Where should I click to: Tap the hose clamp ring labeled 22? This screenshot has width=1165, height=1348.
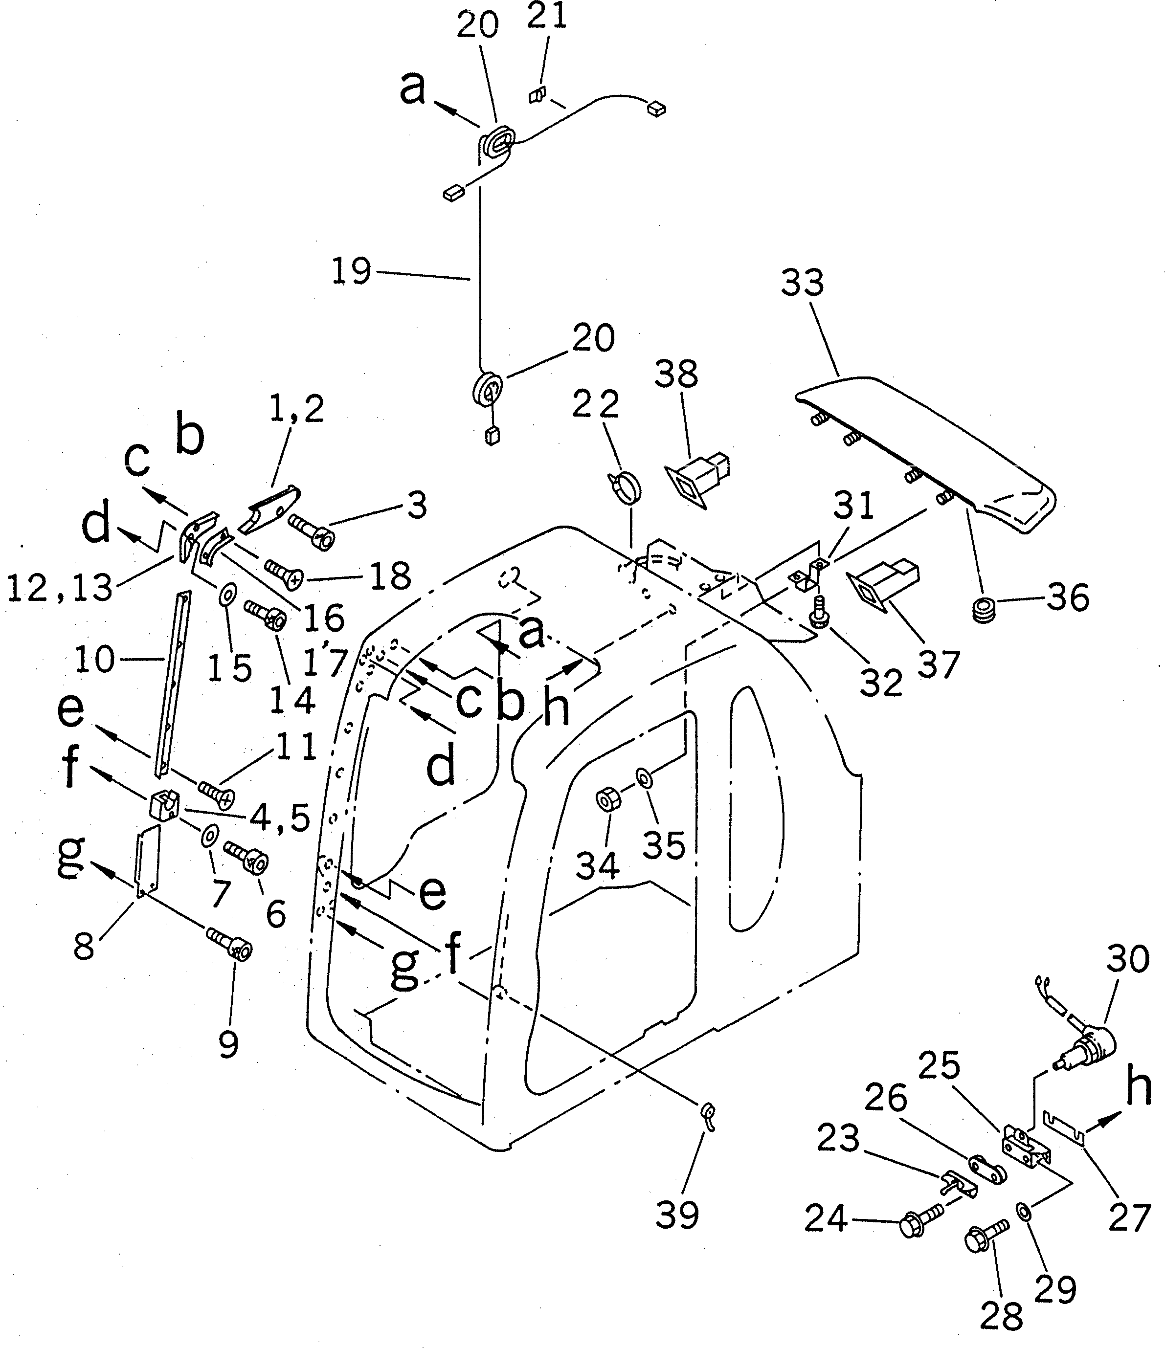pyautogui.click(x=626, y=488)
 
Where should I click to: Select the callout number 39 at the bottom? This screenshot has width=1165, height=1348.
pyautogui.click(x=677, y=1215)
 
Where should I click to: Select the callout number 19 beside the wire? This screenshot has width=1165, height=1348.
pyautogui.click(x=352, y=271)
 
